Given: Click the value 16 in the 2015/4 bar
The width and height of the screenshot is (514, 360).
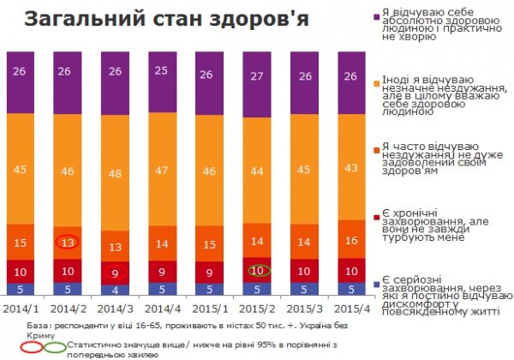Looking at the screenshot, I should pos(350,242).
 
